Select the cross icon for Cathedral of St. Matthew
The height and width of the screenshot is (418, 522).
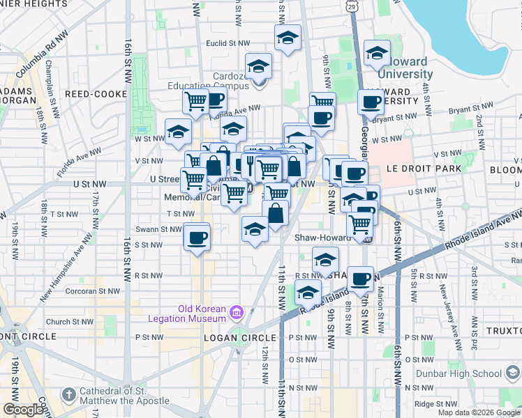pyautogui.click(x=68, y=395)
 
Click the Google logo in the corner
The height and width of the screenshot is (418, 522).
pyautogui.click(x=23, y=410)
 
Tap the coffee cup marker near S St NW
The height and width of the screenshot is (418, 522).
pyautogui.click(x=196, y=238)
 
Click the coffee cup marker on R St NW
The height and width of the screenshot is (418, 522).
pyautogui.click(x=360, y=279)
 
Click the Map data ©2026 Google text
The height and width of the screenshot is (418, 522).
pyautogui.click(x=479, y=412)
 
